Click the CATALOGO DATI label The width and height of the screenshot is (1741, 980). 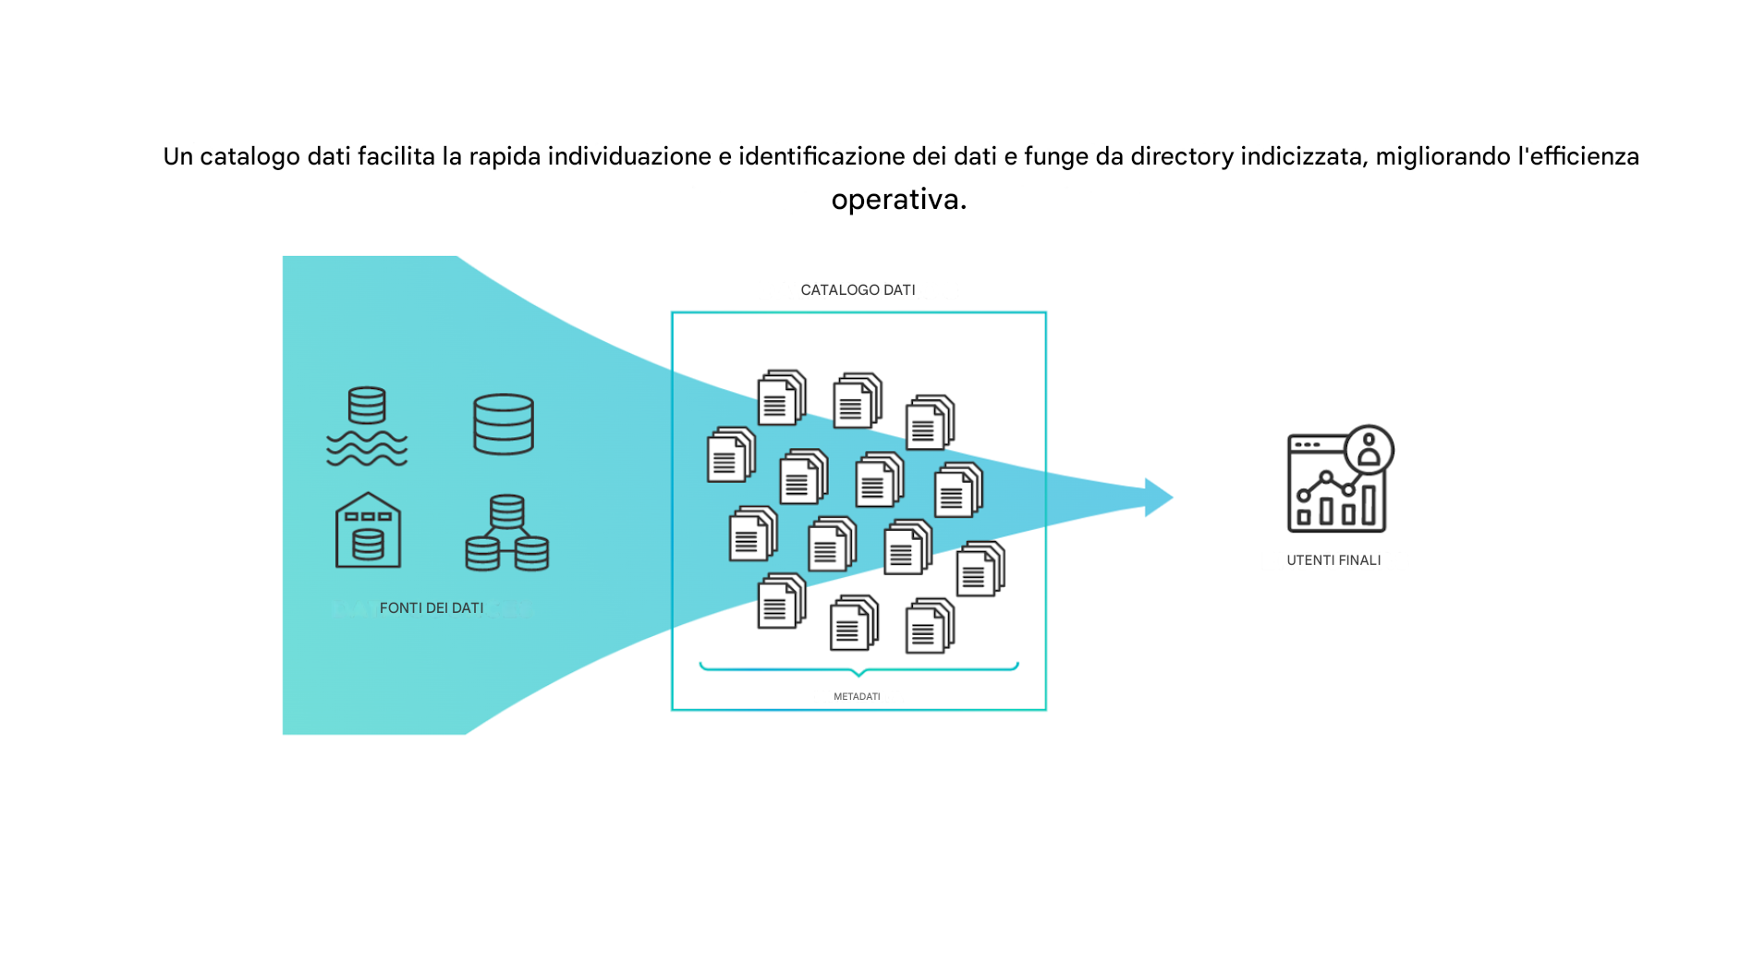tap(858, 290)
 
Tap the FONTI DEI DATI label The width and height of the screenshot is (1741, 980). tap(432, 608)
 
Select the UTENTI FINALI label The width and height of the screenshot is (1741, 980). tap(1333, 560)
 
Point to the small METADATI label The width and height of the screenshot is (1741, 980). tap(857, 697)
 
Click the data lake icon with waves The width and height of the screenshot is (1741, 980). tap(367, 426)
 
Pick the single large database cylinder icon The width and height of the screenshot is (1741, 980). tap(504, 424)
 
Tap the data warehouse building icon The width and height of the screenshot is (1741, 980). tap(368, 531)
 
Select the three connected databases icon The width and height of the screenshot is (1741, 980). tap(507, 533)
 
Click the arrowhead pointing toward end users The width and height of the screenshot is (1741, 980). tap(1158, 497)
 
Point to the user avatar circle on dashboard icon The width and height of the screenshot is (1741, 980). tap(1369, 450)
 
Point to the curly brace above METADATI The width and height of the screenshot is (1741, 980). tap(858, 668)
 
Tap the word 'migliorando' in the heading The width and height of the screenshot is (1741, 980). tap(1443, 157)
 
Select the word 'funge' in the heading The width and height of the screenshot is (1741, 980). tap(1055, 157)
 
